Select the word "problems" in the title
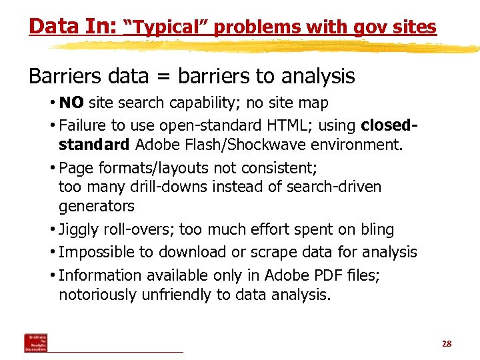click(257, 27)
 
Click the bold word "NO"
click(71, 103)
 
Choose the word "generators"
click(97, 207)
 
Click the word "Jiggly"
click(78, 230)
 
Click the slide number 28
click(447, 344)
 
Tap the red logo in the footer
click(36, 343)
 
